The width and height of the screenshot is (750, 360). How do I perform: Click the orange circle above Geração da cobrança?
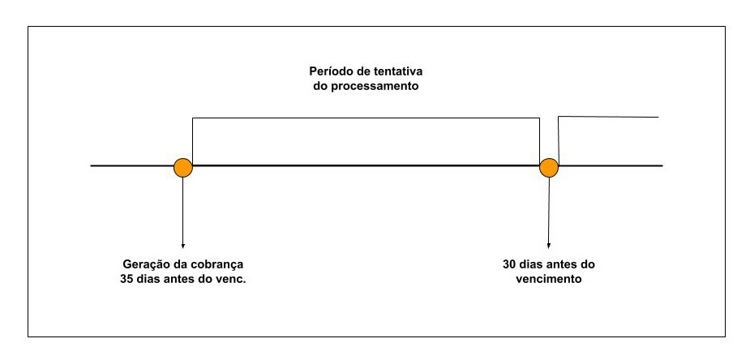(x=183, y=167)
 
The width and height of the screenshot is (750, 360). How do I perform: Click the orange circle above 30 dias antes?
(x=550, y=167)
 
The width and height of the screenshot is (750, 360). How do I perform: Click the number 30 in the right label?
(x=508, y=265)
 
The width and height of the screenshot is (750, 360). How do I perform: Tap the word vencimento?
(x=550, y=280)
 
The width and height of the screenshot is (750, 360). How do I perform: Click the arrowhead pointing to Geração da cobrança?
(x=183, y=245)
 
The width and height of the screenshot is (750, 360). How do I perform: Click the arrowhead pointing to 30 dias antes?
(x=550, y=245)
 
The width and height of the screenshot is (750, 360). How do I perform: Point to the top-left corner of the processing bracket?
(x=192, y=119)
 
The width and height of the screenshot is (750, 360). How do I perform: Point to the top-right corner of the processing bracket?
(x=540, y=119)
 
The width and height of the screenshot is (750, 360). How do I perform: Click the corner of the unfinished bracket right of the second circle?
(x=559, y=118)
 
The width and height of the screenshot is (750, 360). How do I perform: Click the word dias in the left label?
(x=152, y=280)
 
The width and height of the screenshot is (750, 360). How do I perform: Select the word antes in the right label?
(x=560, y=265)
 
